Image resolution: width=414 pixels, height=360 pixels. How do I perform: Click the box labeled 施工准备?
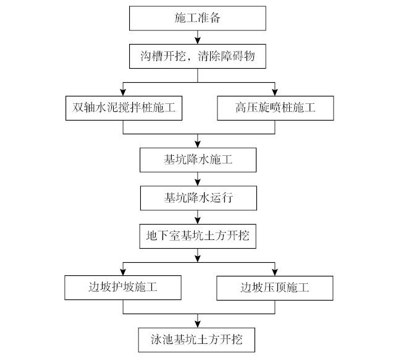[197, 18]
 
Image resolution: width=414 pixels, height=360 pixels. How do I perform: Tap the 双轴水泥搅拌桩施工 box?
[123, 108]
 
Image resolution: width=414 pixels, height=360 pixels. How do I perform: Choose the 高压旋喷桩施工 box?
[276, 108]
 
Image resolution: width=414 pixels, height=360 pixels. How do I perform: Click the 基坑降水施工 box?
[197, 160]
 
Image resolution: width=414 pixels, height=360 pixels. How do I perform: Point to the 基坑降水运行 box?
[197, 198]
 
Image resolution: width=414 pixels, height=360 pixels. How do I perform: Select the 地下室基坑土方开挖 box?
[197, 236]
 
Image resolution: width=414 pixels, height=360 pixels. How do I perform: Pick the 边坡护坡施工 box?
[123, 288]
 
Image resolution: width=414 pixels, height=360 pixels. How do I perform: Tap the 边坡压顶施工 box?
[276, 288]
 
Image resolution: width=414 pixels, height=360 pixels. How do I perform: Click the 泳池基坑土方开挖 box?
[197, 339]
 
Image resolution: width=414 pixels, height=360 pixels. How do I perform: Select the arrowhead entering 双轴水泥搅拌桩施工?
[123, 92]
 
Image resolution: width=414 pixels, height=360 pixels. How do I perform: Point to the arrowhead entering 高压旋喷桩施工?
[276, 92]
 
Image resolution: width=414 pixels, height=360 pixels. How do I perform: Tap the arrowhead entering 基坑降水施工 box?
[197, 144]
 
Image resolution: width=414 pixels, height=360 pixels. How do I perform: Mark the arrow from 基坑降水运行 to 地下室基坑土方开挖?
[197, 217]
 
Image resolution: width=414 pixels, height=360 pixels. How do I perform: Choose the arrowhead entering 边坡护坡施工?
[123, 272]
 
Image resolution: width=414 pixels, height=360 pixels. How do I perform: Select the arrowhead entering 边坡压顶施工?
[276, 272]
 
